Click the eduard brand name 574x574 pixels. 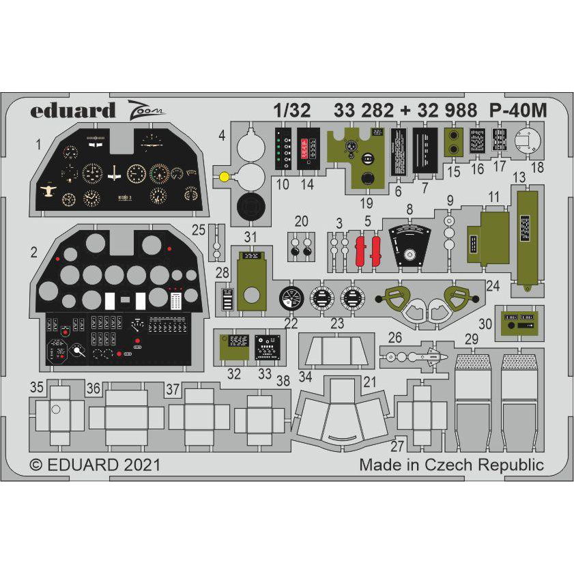72,110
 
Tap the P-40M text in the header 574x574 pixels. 518,111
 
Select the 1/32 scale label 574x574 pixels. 292,111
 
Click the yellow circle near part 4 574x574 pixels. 225,177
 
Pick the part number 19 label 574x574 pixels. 368,203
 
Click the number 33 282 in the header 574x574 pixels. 364,111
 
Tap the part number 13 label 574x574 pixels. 519,177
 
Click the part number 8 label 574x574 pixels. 410,210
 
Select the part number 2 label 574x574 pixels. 34,253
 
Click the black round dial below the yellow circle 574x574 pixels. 250,206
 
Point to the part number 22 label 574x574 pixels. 291,322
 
